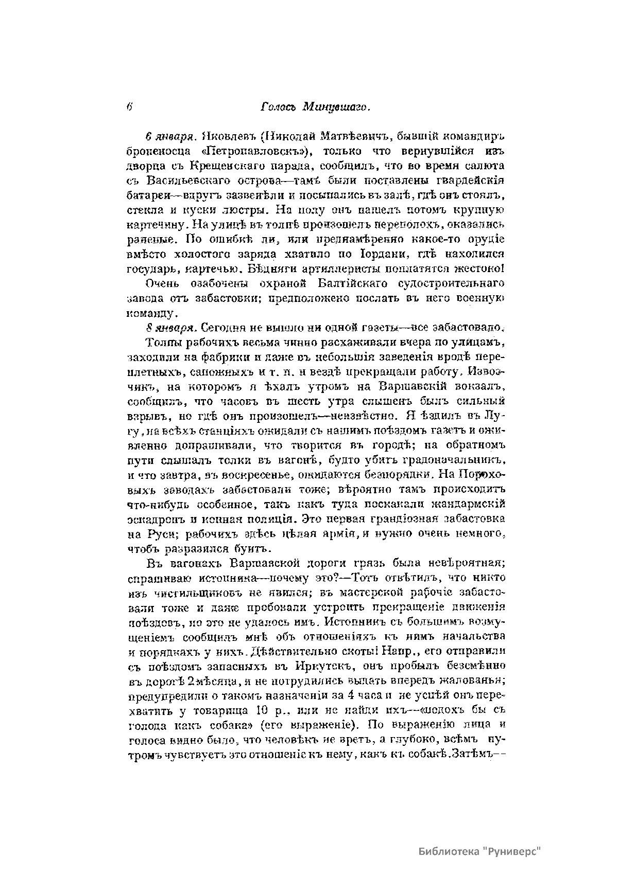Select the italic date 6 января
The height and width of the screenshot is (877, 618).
tap(168, 137)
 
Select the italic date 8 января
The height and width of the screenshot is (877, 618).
tap(169, 328)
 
